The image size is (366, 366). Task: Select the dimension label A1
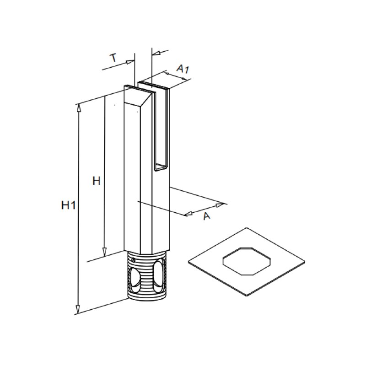click(183, 69)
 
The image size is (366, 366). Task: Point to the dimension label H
click(96, 181)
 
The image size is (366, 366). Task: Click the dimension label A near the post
click(207, 216)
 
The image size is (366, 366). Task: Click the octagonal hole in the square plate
click(247, 262)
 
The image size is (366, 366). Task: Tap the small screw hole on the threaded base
click(133, 260)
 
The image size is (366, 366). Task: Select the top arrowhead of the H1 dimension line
click(78, 108)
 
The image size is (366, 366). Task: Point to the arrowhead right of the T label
click(131, 61)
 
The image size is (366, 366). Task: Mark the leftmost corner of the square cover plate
click(189, 262)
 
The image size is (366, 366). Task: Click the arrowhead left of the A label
click(188, 214)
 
